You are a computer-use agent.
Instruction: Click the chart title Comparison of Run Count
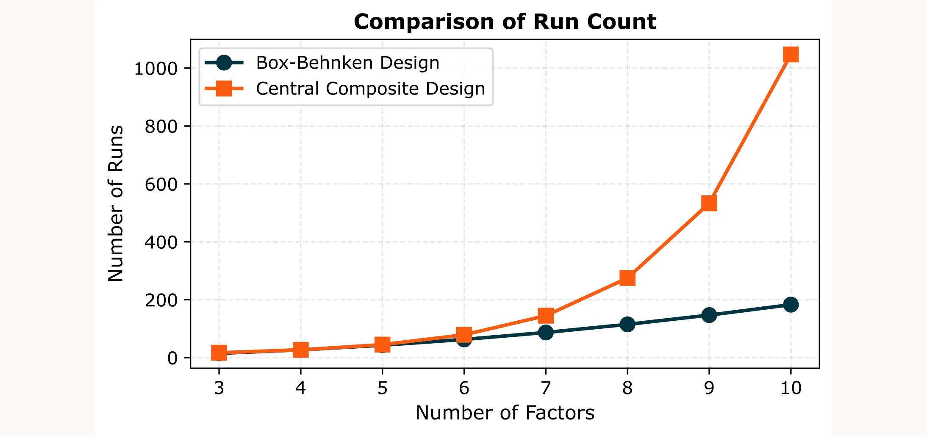(505, 22)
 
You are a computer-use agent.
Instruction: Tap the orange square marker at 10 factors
(791, 55)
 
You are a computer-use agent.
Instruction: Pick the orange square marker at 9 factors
(709, 203)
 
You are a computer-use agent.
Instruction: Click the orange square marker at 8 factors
(627, 278)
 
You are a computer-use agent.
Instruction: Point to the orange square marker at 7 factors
(546, 315)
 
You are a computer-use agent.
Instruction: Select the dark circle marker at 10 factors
(791, 304)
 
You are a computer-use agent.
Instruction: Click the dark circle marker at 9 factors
(709, 315)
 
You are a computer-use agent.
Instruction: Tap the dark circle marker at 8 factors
(627, 325)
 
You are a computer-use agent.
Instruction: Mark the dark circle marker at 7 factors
(546, 332)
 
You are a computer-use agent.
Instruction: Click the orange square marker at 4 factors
(300, 350)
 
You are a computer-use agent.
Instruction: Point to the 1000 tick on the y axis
(155, 69)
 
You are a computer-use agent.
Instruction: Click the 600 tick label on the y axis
(161, 184)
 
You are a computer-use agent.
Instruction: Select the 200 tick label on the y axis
(161, 300)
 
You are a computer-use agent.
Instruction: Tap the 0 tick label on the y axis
(172, 358)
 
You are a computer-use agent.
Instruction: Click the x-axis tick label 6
(464, 388)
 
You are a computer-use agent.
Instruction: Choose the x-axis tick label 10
(791, 388)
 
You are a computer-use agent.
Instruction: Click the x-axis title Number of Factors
(505, 413)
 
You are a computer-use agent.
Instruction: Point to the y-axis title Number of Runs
(116, 203)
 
